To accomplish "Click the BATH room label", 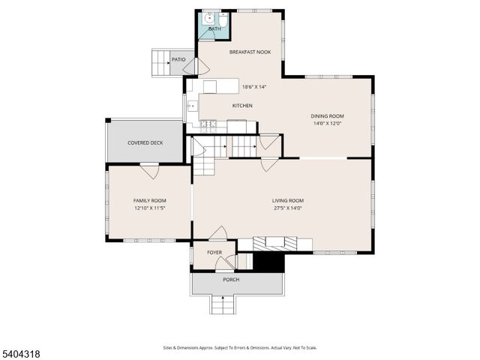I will (214, 29).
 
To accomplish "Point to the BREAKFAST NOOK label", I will (250, 52).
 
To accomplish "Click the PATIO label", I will (178, 58).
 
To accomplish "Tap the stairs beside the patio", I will (160, 61).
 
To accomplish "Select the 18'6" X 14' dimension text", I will (253, 86).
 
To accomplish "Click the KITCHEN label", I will (242, 106).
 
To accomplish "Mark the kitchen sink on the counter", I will (191, 106).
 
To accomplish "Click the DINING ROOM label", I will (328, 115).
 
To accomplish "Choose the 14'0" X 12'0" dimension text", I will (328, 124).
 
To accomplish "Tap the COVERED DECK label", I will (145, 142).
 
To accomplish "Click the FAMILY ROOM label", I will (149, 200).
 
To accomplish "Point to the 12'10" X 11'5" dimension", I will (149, 208).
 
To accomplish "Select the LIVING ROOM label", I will (287, 200).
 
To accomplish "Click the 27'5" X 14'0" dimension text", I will (287, 208).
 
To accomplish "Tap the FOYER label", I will (214, 252).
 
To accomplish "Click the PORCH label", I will (231, 280).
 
